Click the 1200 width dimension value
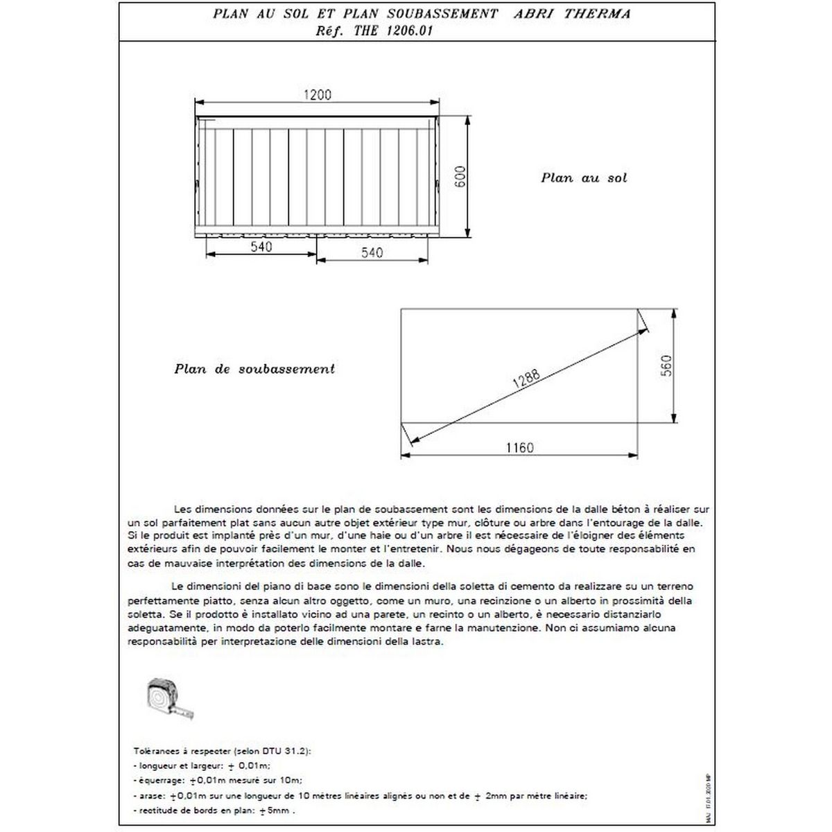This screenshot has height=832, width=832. click(318, 95)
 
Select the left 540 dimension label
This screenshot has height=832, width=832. click(261, 247)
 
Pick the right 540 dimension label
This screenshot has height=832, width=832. click(372, 253)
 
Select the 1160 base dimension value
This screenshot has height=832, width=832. click(519, 448)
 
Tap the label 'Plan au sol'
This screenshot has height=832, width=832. click(584, 178)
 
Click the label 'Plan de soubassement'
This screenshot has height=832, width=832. click(254, 369)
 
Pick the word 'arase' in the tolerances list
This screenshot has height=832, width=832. click(148, 796)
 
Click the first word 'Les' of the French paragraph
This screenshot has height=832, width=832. click(184, 508)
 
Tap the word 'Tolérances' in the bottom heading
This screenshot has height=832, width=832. click(153, 751)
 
